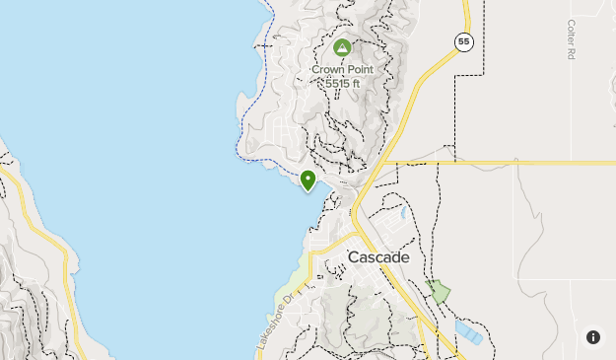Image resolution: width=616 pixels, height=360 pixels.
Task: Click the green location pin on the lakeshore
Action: (x=308, y=180)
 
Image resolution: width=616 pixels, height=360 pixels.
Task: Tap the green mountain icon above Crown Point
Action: (x=342, y=48)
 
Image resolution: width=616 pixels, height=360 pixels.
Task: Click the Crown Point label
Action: (x=342, y=70)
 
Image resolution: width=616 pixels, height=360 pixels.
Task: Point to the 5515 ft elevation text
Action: (x=342, y=83)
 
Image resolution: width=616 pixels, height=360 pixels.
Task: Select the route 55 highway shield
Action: (x=464, y=41)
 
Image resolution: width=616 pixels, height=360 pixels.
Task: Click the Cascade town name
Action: (x=377, y=257)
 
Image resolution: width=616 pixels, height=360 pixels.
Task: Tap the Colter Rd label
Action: (x=571, y=40)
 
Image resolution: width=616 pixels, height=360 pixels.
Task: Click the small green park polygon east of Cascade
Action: (x=439, y=291)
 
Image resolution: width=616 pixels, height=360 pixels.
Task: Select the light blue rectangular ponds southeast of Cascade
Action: (x=469, y=331)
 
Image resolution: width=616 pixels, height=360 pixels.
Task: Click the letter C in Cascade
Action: (x=353, y=257)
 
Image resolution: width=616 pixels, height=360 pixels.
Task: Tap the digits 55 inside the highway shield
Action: (x=464, y=41)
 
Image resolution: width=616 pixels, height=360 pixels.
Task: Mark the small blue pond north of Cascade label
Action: (x=403, y=211)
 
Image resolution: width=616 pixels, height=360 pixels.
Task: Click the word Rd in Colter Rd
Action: (x=571, y=54)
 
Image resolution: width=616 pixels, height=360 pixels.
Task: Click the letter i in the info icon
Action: (x=593, y=337)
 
